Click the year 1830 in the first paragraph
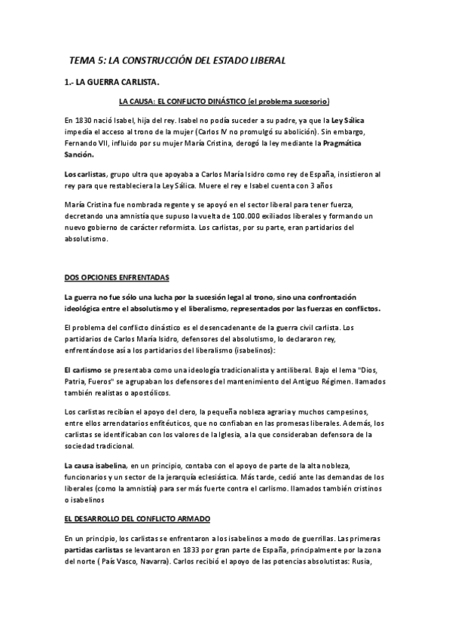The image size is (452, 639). (x=89, y=120)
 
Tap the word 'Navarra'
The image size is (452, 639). (x=188, y=560)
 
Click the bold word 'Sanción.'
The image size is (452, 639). (x=80, y=154)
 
